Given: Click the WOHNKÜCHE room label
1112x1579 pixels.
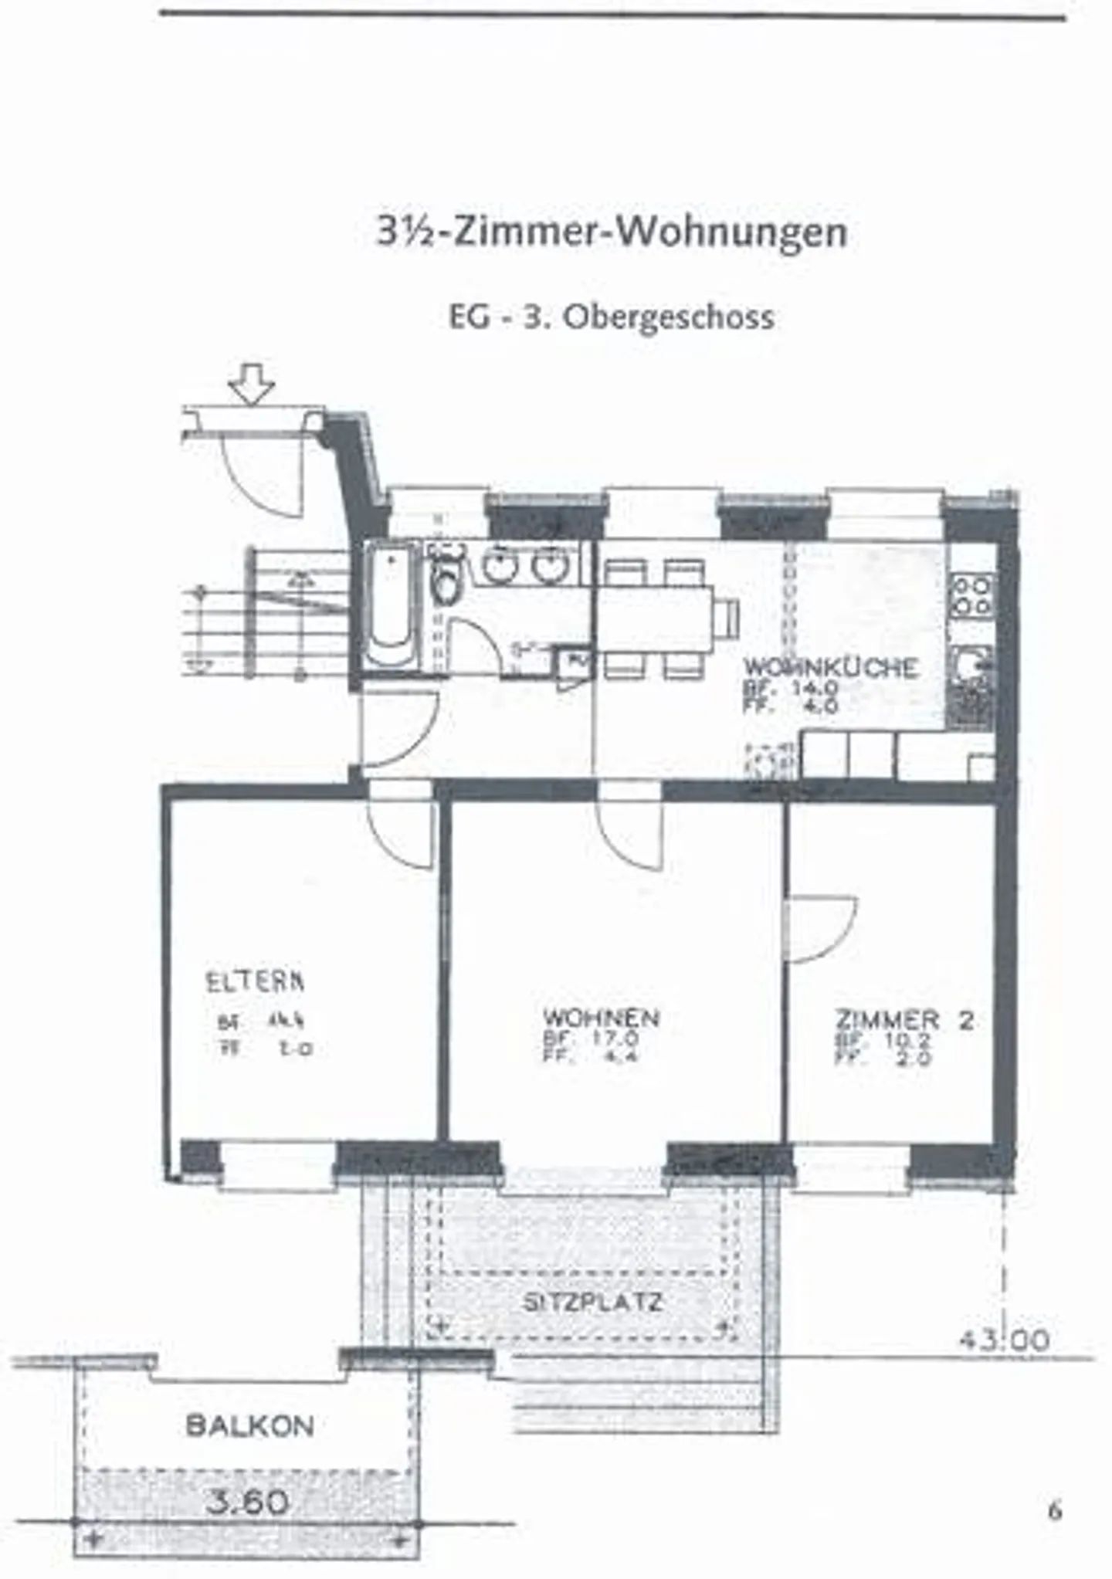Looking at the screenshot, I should pyautogui.click(x=830, y=667).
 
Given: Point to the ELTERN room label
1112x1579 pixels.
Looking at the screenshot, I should pyautogui.click(x=255, y=981).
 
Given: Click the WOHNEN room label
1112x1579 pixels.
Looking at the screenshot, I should pyautogui.click(x=601, y=1018).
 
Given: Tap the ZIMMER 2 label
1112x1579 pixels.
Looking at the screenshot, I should pyautogui.click(x=903, y=1020).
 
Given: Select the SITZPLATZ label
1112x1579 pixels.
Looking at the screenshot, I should pyautogui.click(x=592, y=1303).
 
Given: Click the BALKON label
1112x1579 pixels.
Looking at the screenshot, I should pyautogui.click(x=250, y=1425).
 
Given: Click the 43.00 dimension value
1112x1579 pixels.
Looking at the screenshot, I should pyautogui.click(x=1004, y=1340).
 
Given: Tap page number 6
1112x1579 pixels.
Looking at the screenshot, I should pyautogui.click(x=1055, y=1510).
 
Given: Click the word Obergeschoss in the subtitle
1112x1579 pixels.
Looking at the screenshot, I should pyautogui.click(x=668, y=317).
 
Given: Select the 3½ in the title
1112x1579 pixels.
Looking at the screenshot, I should pyautogui.click(x=407, y=232).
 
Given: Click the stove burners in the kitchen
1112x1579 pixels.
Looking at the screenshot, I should pyautogui.click(x=971, y=595).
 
